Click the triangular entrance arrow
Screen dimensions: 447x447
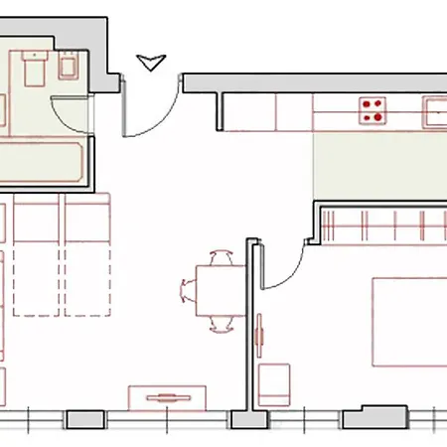[x=151, y=64]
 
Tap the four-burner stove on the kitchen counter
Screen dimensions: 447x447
[x=372, y=109]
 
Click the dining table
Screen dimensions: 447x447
[x=218, y=290]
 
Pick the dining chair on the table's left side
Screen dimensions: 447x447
[x=190, y=290]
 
